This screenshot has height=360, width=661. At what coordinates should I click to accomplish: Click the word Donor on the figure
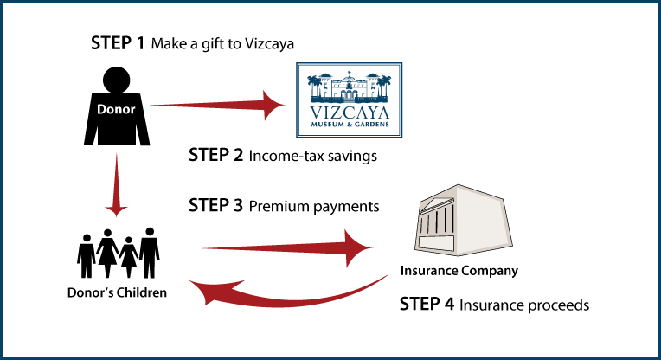pos(116,109)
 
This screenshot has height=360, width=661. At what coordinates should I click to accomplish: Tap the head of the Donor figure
pos(116,80)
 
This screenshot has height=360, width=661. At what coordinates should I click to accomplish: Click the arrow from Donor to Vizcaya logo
pos(217,105)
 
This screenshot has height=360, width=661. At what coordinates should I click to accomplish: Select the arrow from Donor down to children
pos(116,185)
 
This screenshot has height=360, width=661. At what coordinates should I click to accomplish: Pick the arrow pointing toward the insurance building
pos(287,247)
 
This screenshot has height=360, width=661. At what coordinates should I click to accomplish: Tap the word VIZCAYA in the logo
pos(350,113)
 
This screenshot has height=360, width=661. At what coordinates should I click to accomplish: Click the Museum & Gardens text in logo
pos(350,125)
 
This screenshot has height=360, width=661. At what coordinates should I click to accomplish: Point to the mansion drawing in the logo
pos(349,87)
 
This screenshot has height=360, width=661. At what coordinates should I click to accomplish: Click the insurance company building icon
pos(463,220)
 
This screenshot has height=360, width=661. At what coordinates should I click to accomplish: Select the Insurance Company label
pos(459,271)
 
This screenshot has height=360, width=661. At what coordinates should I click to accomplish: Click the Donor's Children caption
pos(117,292)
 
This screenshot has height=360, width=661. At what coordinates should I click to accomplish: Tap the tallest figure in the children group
pos(149,253)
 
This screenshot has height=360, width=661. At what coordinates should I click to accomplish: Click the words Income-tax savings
pos(313,156)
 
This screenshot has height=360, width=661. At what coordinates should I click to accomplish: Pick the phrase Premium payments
pos(314,207)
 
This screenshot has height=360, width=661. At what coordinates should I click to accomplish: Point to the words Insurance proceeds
pos(524,305)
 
